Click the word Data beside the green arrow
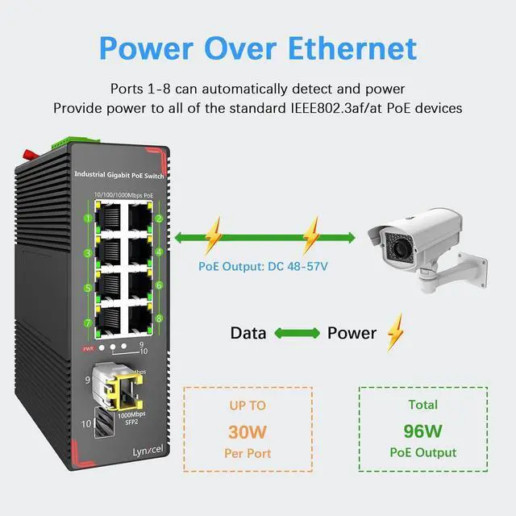pyautogui.click(x=248, y=333)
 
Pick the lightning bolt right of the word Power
pyautogui.click(x=395, y=331)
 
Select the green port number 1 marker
pyautogui.click(x=85, y=218)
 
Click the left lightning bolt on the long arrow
pyautogui.click(x=213, y=236)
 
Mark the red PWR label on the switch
pyautogui.click(x=88, y=348)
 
